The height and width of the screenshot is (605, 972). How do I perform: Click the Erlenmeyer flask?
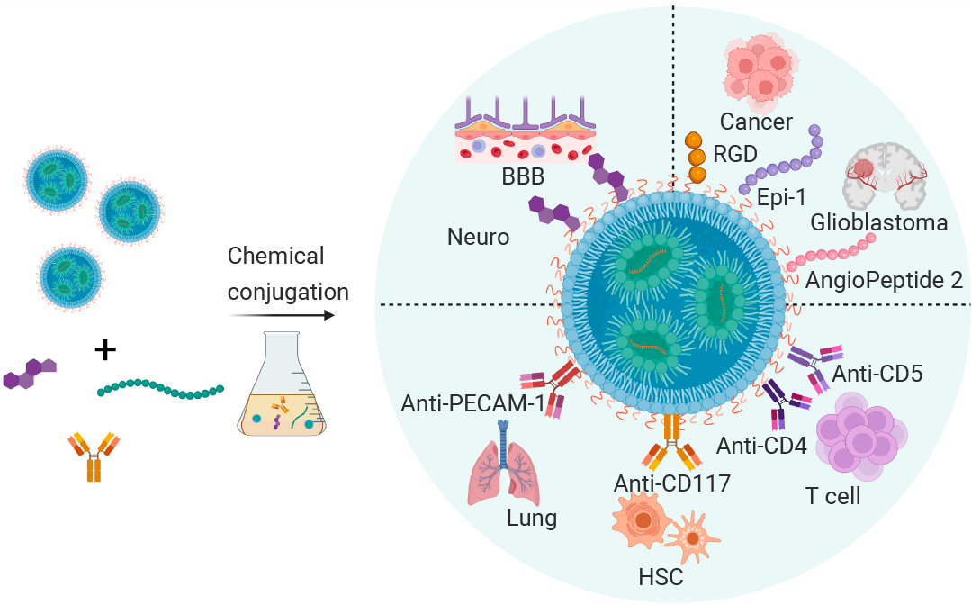(x=282, y=384)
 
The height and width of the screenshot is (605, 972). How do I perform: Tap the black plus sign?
(x=105, y=350)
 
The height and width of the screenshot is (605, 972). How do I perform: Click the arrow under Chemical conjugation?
(x=282, y=315)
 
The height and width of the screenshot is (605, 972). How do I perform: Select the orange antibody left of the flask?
(x=94, y=456)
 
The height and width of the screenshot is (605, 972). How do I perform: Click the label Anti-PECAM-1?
(x=472, y=403)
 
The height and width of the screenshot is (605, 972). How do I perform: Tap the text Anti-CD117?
(x=672, y=483)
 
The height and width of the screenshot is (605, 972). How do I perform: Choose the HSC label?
(x=661, y=577)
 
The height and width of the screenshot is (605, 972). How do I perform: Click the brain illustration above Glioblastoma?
(x=885, y=176)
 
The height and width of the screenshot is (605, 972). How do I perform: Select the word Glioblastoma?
(x=879, y=222)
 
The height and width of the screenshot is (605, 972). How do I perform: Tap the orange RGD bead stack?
(x=696, y=158)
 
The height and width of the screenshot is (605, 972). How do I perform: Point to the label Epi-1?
(x=781, y=197)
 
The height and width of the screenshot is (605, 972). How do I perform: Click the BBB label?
(x=523, y=176)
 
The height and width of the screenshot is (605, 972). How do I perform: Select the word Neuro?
(x=478, y=237)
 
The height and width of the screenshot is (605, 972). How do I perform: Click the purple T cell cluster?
(x=861, y=436)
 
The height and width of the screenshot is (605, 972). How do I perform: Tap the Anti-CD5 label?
(x=877, y=374)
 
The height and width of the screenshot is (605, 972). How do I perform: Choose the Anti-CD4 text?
(x=761, y=446)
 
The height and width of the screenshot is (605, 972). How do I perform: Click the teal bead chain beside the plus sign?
(x=160, y=389)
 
